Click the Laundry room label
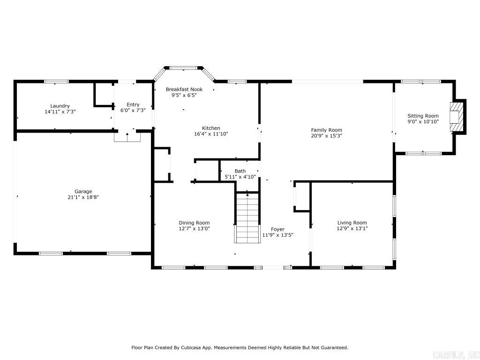[x=60, y=106]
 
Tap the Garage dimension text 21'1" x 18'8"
[x=83, y=197]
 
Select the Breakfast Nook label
[x=184, y=89]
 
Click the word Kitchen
[x=211, y=128]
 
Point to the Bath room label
[x=240, y=171]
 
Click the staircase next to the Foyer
[x=247, y=218]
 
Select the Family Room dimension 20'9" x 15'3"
[x=326, y=136]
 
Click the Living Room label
[x=352, y=223]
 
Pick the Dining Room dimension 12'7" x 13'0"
[x=194, y=229]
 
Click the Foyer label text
[x=277, y=229]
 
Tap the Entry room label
[x=133, y=105]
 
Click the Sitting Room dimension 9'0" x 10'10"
[x=423, y=122]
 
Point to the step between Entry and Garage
[x=127, y=136]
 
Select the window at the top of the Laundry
[x=56, y=82]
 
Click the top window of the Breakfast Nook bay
[x=183, y=68]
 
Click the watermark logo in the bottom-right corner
[x=455, y=353]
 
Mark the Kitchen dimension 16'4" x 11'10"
[x=211, y=134]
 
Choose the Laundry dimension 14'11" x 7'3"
[x=60, y=112]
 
